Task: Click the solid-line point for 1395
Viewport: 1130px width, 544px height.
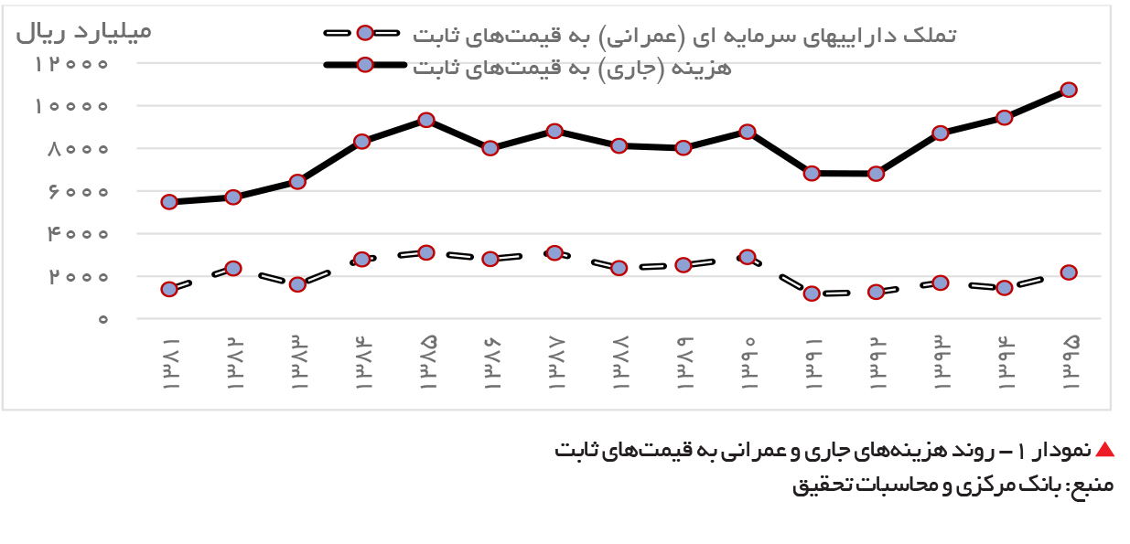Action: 1069,91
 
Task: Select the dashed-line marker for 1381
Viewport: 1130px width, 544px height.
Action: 169,290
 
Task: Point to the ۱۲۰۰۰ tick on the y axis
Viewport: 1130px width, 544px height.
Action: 71,64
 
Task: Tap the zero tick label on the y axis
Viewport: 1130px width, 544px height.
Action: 102,319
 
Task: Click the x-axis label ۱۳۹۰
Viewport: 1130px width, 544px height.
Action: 748,363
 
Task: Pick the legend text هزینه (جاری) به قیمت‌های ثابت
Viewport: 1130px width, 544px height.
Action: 572,68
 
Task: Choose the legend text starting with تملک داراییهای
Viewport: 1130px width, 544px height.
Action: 684,37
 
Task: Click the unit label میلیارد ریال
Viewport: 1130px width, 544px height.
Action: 84,32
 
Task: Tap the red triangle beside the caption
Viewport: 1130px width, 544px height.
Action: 1105,449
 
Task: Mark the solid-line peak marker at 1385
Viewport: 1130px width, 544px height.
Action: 426,120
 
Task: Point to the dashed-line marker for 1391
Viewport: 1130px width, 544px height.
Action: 812,293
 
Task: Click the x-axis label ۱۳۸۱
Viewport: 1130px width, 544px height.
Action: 170,363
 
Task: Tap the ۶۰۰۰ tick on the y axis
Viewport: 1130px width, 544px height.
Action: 78,192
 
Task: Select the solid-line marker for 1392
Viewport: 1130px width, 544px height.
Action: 876,174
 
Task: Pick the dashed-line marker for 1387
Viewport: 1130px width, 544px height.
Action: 554,253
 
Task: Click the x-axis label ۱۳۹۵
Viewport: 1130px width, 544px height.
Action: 1070,363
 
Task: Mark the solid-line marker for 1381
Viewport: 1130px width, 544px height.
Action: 169,202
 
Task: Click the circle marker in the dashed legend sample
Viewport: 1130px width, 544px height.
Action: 365,33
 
